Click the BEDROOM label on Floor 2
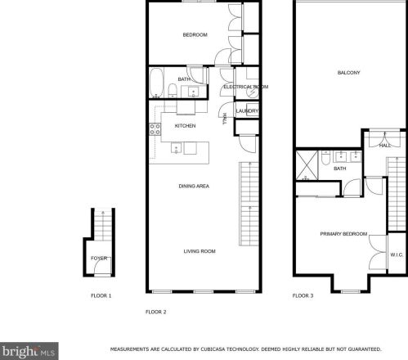[x=195, y=34]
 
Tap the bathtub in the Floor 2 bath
[x=157, y=83]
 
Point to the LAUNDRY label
[x=247, y=111]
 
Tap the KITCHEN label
[x=186, y=126]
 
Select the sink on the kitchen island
[x=176, y=149]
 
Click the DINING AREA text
[x=194, y=187]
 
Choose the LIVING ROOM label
[x=199, y=251]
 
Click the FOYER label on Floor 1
[x=98, y=259]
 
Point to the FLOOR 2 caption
[x=155, y=312]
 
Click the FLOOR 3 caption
[x=303, y=295]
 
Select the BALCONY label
[x=348, y=73]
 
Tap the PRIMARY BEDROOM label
[x=343, y=234]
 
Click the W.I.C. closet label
[x=397, y=254]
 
